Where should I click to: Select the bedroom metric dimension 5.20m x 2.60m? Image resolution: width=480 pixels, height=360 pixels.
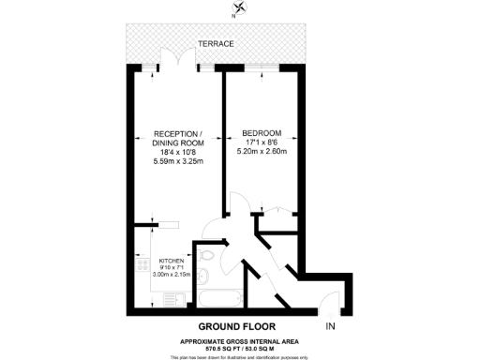[262, 152]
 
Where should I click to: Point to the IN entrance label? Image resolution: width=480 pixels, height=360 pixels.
[330, 326]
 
